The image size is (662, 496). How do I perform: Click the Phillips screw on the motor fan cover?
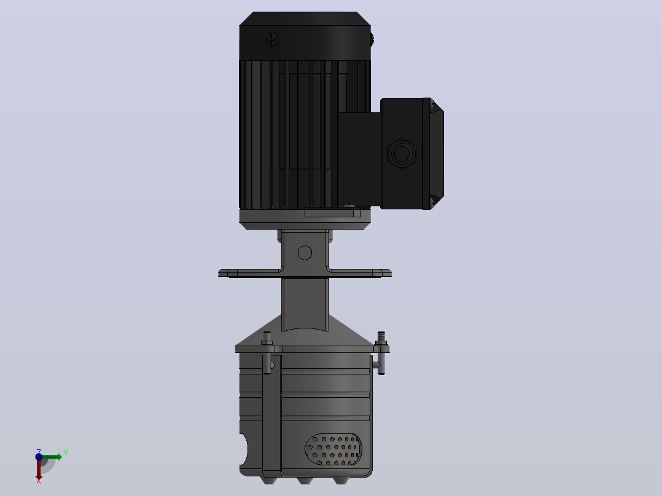[271, 40]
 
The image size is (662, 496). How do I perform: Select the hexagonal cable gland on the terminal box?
[402, 153]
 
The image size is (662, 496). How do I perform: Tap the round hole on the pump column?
[305, 253]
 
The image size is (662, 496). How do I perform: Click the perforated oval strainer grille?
[333, 449]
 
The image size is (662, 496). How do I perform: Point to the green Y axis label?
[66, 454]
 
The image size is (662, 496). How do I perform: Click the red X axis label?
[39, 481]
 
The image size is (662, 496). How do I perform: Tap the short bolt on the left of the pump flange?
[267, 339]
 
